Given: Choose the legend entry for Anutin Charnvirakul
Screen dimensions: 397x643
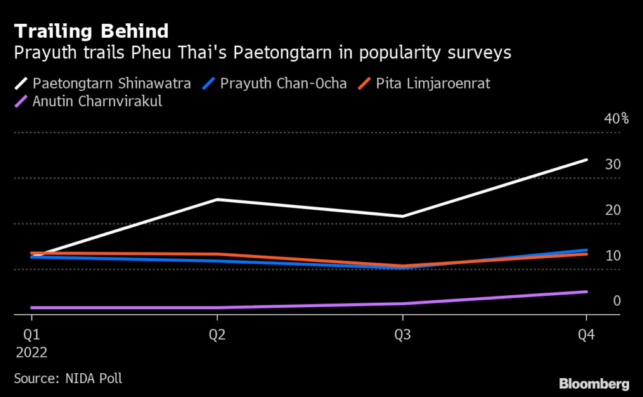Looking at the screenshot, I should [x=97, y=101].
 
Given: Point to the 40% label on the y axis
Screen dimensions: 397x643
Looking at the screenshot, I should [x=616, y=119].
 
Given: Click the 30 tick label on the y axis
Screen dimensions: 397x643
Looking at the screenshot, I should [x=613, y=165].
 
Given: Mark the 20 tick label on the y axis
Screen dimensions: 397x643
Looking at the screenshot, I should [x=613, y=210].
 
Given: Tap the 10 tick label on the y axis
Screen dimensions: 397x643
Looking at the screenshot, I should [x=613, y=256].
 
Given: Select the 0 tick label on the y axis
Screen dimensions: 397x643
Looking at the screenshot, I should [x=617, y=301].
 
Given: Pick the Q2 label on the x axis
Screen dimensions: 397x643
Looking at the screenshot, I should [x=217, y=334].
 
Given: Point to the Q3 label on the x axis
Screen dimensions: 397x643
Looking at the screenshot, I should [x=403, y=334].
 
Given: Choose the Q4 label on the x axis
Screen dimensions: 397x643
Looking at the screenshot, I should [x=587, y=334].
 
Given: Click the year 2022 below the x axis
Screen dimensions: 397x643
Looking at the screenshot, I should [x=31, y=352].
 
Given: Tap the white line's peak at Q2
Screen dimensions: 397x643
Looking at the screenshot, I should [x=217, y=200].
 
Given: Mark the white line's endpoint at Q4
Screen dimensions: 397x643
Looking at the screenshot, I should [x=586, y=160].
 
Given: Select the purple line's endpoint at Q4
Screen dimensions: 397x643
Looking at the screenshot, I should [x=586, y=291].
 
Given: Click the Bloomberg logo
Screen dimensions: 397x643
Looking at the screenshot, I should [x=593, y=383].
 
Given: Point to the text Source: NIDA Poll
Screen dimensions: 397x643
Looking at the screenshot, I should [x=68, y=378].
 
